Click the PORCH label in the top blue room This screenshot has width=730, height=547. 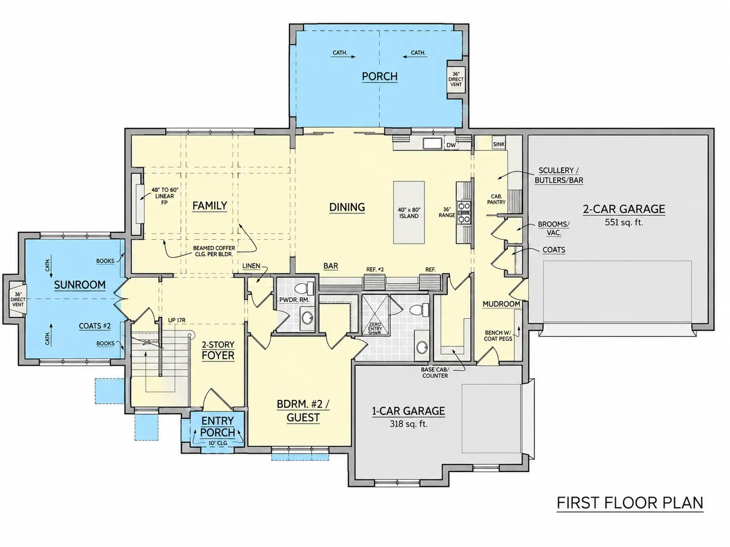380,77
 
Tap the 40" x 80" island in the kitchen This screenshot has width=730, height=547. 409,213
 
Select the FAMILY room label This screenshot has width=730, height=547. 210,206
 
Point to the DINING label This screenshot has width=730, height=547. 347,207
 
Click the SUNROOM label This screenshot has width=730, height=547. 80,285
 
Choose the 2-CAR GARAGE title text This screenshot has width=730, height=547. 624,209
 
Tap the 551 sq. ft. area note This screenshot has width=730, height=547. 624,222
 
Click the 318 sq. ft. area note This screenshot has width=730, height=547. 408,424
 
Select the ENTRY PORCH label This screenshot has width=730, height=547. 217,427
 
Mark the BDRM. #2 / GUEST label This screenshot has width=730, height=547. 303,411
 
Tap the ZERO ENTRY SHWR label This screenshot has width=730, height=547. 375,328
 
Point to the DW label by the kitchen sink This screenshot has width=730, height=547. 451,145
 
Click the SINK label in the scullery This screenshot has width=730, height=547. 499,145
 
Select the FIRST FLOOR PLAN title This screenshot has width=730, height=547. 630,503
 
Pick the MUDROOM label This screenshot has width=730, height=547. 501,304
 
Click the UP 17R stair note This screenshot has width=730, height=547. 176,320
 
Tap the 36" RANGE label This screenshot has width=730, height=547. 447,212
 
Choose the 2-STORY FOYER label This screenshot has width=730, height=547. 218,350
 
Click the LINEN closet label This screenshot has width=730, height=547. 251,266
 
